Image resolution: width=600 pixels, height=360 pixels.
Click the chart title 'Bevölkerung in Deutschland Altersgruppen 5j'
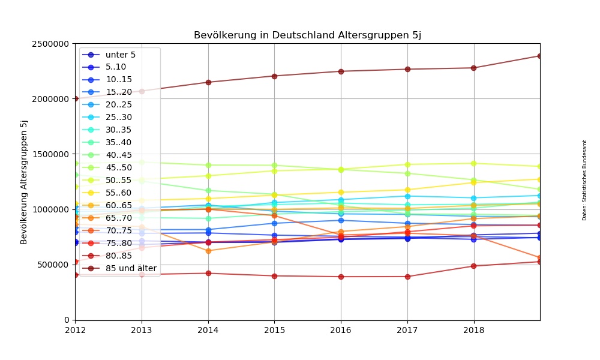point(307,35)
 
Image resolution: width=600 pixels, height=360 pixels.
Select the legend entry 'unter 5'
point(116,55)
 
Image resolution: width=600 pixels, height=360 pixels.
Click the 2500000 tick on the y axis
point(50,44)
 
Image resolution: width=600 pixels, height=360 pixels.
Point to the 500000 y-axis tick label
point(53,265)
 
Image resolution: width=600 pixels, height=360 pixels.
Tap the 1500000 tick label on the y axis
point(50,154)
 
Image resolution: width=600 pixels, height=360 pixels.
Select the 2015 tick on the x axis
point(275,330)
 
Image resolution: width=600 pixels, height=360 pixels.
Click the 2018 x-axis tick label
point(474,330)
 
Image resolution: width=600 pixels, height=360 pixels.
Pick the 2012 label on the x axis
point(75,330)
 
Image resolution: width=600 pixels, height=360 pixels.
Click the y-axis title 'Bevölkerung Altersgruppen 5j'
point(25,182)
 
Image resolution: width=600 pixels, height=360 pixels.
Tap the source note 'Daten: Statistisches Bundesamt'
point(584,180)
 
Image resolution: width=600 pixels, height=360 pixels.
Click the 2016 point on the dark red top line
point(341,71)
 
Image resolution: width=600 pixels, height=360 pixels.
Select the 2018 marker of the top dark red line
point(473,68)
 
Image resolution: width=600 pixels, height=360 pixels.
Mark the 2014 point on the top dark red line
point(208,82)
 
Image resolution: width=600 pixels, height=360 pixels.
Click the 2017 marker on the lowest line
point(407,277)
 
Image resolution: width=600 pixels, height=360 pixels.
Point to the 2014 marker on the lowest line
point(208,273)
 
